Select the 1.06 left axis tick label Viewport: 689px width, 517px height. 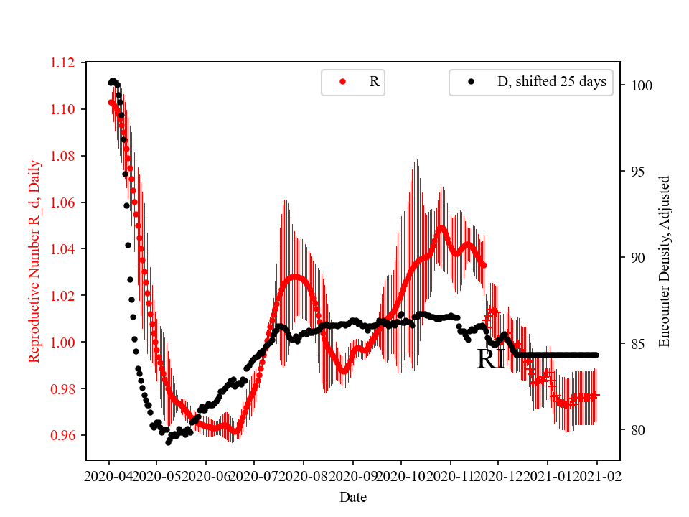(62, 202)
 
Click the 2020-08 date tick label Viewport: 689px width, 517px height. (304, 475)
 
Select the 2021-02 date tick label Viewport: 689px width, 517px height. (596, 475)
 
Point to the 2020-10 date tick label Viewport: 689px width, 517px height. (401, 475)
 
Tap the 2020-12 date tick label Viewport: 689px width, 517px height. (499, 475)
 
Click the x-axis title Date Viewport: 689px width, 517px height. (352, 496)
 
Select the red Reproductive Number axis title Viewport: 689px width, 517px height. (34, 261)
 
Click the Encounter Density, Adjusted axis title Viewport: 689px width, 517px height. (664, 261)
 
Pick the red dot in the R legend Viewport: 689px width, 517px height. (342, 82)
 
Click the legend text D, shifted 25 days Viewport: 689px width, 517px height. (552, 82)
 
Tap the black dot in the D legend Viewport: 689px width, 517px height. (471, 82)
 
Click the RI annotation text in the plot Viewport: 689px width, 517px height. (491, 360)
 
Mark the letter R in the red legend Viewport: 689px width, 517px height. (374, 82)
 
